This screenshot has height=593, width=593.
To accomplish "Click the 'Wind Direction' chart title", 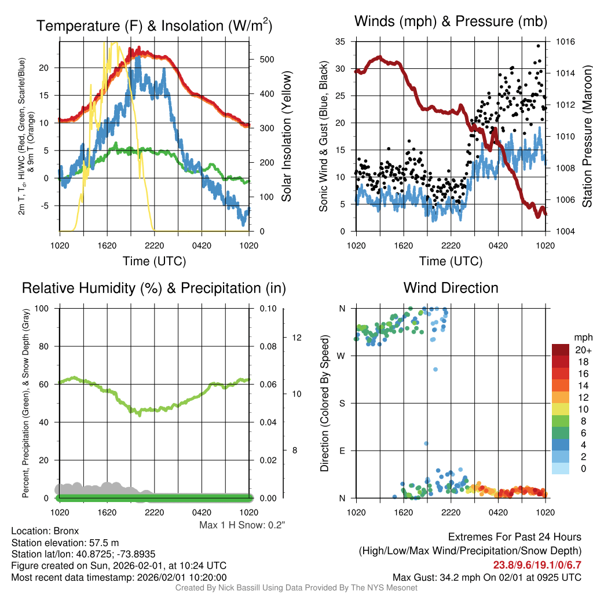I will (451, 288).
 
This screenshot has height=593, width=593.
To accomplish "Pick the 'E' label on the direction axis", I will (342, 451).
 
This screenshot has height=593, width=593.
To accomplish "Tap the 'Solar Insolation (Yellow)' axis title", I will (286, 137).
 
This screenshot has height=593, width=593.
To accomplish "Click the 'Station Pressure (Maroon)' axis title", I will (586, 137).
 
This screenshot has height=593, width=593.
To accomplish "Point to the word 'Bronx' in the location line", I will (66, 530).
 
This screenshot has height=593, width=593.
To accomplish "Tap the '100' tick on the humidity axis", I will (42, 308).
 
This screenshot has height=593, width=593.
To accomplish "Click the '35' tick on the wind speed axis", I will (341, 42).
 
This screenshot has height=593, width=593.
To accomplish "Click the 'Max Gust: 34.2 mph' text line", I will (486, 577).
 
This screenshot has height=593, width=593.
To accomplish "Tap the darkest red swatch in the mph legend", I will (560, 350).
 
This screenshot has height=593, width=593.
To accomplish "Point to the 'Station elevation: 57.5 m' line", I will (65, 543).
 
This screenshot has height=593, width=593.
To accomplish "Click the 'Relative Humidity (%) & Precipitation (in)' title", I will (153, 288).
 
